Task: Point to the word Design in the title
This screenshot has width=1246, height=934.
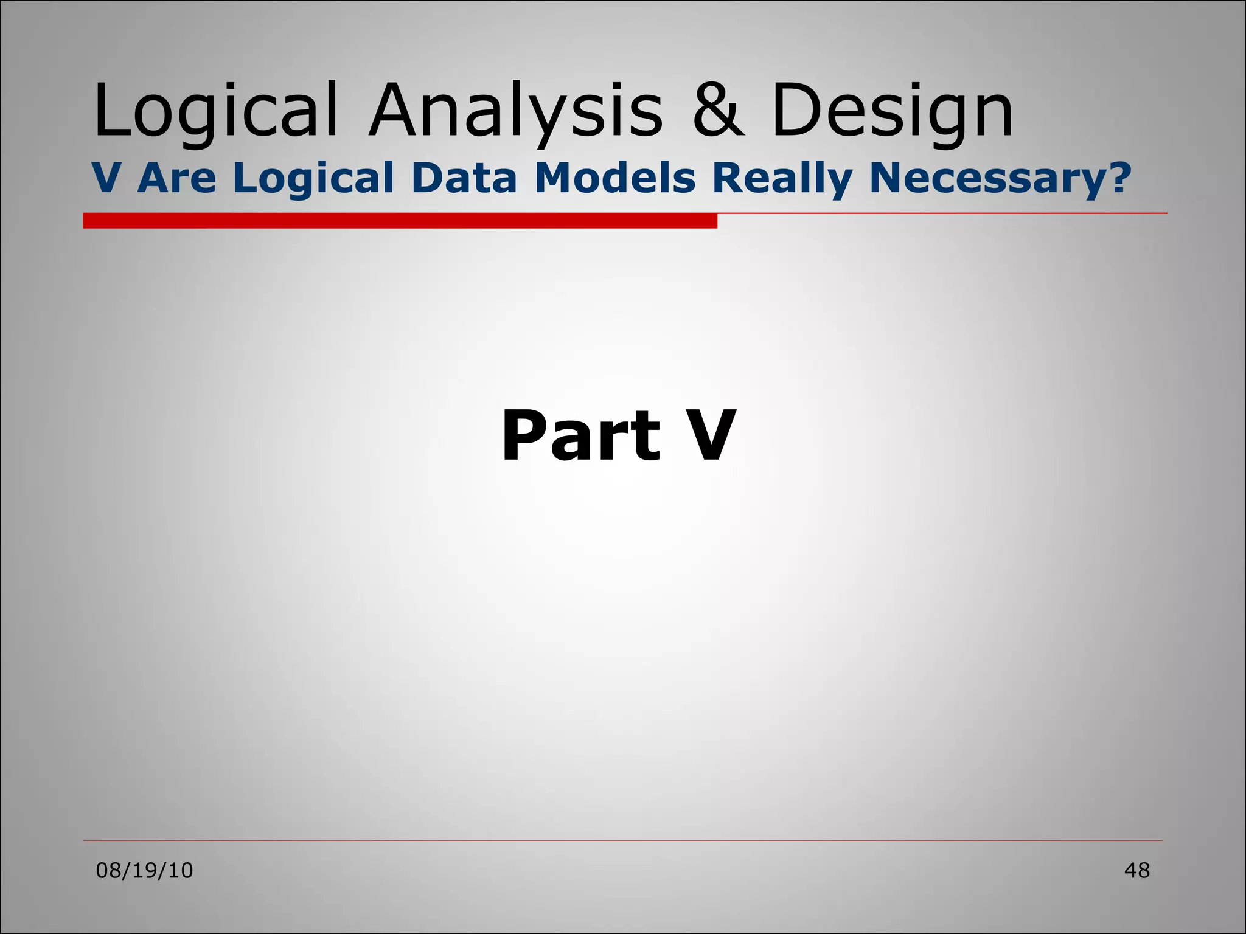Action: click(892, 112)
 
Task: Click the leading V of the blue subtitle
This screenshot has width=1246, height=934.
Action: click(106, 178)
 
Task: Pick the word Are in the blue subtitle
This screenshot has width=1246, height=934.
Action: click(177, 178)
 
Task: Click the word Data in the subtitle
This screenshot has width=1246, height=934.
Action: click(464, 178)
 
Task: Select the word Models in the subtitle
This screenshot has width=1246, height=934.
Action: click(615, 178)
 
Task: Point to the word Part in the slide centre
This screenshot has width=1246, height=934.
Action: click(580, 436)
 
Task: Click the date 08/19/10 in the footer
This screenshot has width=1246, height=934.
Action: click(145, 871)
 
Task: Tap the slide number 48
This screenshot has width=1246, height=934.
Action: click(1136, 871)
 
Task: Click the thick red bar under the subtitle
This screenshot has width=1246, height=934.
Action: click(400, 221)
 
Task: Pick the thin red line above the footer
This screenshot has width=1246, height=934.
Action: click(622, 841)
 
